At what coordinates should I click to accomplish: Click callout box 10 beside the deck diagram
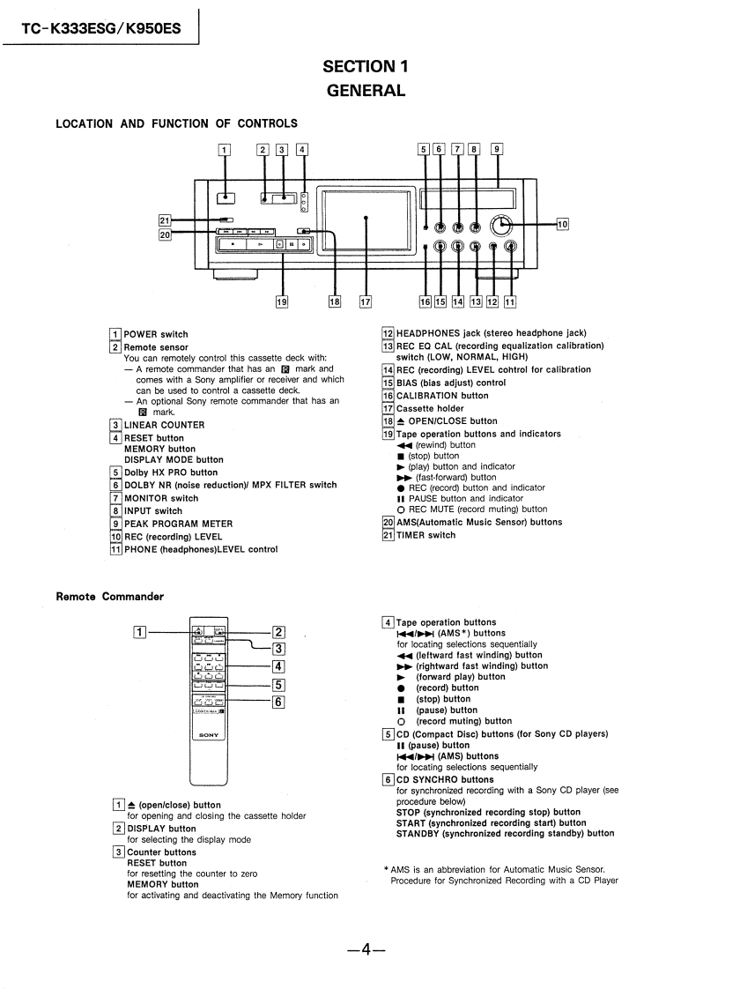[x=563, y=224]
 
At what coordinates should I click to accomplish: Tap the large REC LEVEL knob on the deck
[x=503, y=224]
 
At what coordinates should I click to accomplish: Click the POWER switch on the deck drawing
[x=225, y=198]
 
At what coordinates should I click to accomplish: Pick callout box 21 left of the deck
[x=165, y=220]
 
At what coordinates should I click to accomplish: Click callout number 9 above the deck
[x=497, y=149]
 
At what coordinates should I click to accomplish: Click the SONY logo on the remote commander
[x=209, y=734]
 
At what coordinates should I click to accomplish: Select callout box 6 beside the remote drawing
[x=277, y=702]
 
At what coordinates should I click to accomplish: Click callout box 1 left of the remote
[x=139, y=631]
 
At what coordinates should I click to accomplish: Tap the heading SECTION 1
[x=366, y=66]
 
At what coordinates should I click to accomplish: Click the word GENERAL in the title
[x=366, y=90]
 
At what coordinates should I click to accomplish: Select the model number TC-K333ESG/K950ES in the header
[x=102, y=28]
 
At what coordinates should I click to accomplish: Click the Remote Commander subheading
[x=109, y=597]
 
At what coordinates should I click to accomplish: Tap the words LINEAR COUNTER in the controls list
[x=164, y=425]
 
